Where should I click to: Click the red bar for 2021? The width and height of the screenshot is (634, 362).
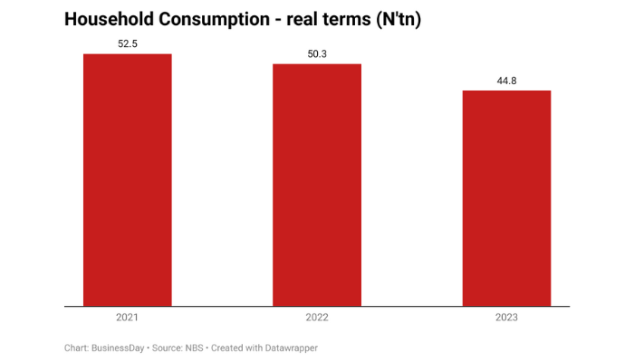(x=127, y=180)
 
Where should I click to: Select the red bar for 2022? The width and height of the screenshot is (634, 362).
(x=317, y=185)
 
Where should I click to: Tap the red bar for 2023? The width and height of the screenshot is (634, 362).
(x=506, y=198)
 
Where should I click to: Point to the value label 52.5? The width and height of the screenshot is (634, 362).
(x=127, y=43)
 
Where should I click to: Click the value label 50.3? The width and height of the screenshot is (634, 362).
(x=317, y=54)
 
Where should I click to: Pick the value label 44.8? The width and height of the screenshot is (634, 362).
(x=506, y=81)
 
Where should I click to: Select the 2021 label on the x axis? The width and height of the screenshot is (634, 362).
(x=127, y=319)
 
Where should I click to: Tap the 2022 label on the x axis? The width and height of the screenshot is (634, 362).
(x=317, y=319)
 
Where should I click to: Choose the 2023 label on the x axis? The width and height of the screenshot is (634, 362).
(x=506, y=319)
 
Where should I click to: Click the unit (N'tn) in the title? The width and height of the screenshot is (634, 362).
(x=399, y=19)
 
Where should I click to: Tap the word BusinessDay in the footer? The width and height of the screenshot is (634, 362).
(x=121, y=348)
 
